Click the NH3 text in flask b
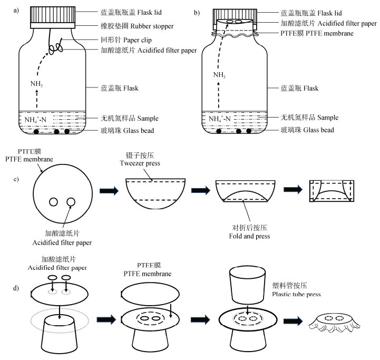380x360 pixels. tap(219, 75)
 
